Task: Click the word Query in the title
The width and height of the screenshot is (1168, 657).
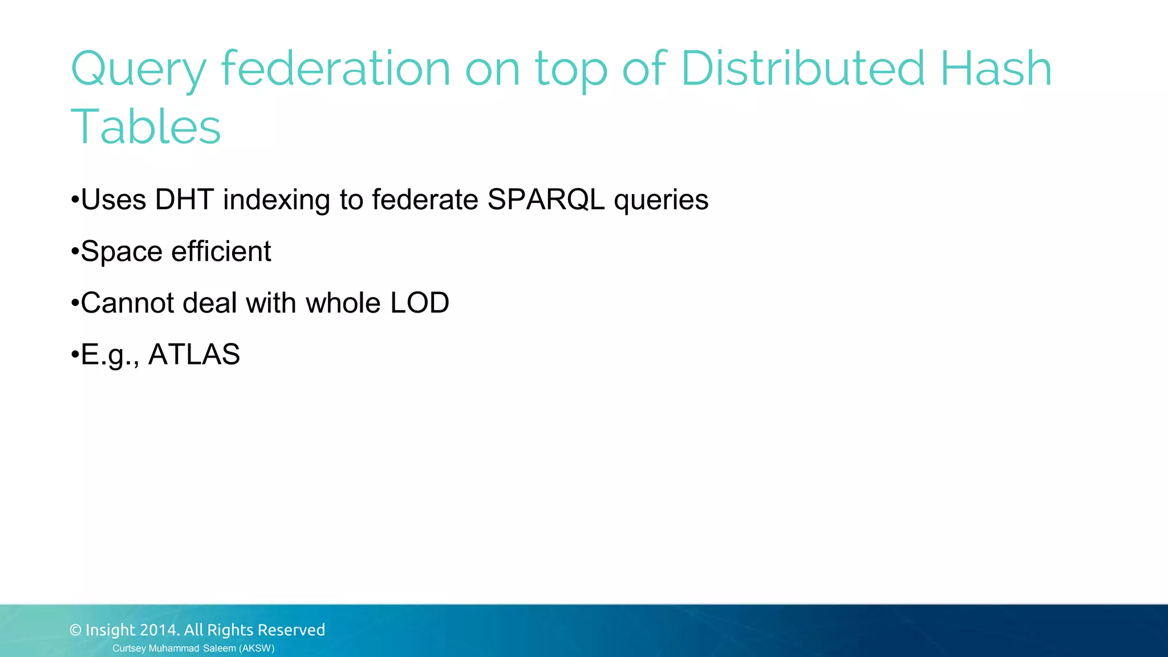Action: point(137,70)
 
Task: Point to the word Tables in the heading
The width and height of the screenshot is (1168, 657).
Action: point(145,127)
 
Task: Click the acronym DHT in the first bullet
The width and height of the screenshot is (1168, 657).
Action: point(184,200)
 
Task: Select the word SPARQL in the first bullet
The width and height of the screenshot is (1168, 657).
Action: point(546,200)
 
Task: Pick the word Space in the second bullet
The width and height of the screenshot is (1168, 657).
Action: point(121,252)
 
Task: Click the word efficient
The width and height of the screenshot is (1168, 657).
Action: point(221,251)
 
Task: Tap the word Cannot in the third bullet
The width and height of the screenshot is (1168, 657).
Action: point(127,303)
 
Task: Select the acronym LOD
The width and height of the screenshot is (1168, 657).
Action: point(420,303)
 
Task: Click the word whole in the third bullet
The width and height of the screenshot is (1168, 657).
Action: point(343,303)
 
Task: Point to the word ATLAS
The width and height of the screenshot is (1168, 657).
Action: point(194,354)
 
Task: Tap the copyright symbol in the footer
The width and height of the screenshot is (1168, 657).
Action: point(75,630)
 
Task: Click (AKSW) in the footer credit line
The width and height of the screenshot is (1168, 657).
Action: point(257,648)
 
